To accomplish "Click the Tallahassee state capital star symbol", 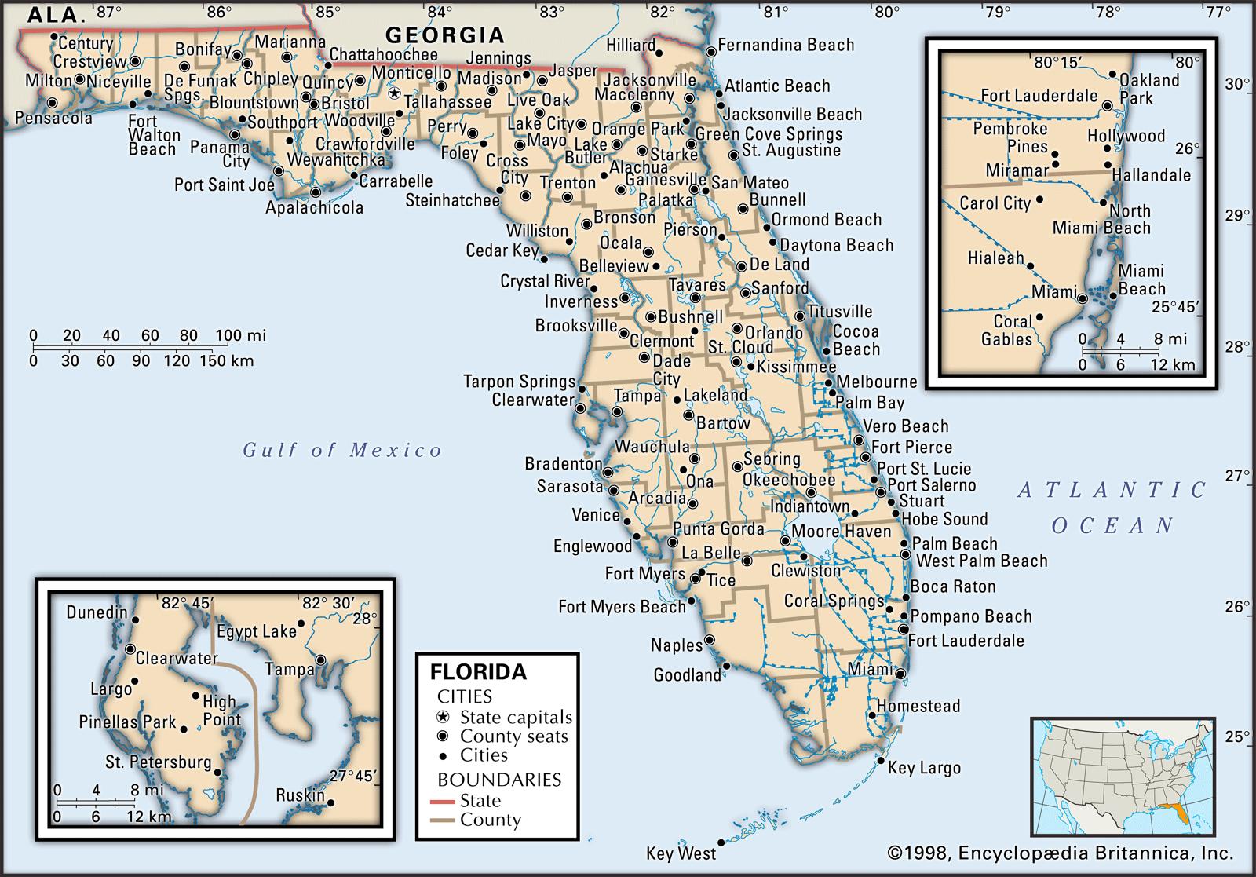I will click(394, 93).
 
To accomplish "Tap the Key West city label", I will click(681, 853).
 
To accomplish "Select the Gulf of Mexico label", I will click(342, 450).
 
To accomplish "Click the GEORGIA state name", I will click(444, 35).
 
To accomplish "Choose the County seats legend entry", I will click(513, 736).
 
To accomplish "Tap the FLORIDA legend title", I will click(478, 672).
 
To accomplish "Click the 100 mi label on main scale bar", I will click(246, 336).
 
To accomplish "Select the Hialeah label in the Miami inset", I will click(995, 258).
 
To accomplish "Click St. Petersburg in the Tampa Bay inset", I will click(159, 762).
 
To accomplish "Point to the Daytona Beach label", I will click(836, 246).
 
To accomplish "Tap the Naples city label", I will click(677, 645).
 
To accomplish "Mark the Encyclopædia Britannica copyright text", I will click(1061, 853).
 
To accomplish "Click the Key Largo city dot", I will click(882, 761).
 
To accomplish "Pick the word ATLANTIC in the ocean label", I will click(1112, 491).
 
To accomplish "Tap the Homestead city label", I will click(918, 706).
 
